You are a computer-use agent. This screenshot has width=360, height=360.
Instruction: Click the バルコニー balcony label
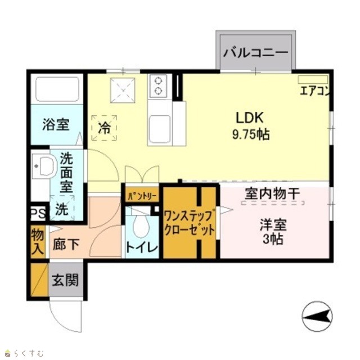(x=255, y=52)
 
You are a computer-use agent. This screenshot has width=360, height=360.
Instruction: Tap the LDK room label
(x=250, y=118)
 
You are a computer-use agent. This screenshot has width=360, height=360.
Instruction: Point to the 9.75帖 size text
(x=251, y=134)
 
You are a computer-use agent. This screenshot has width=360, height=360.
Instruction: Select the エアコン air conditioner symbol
(x=313, y=79)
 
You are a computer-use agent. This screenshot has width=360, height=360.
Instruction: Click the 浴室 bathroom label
(x=56, y=125)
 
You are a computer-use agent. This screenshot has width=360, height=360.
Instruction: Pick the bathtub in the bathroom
(x=57, y=89)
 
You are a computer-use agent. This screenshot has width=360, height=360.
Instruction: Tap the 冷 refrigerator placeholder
(x=104, y=128)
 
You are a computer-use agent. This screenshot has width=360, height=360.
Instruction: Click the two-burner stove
(x=158, y=86)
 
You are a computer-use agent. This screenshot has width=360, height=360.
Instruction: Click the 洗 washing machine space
(x=62, y=208)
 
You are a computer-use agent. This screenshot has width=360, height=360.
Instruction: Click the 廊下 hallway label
(x=66, y=244)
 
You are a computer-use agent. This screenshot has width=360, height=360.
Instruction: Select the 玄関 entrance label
(x=65, y=280)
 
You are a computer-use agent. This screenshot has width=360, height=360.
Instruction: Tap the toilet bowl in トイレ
(x=141, y=226)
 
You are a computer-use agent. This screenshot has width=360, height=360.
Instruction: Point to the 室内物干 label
(x=272, y=193)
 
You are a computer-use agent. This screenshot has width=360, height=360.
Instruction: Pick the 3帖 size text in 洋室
(x=273, y=239)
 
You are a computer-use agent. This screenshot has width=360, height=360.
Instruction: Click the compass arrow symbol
(x=317, y=316)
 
